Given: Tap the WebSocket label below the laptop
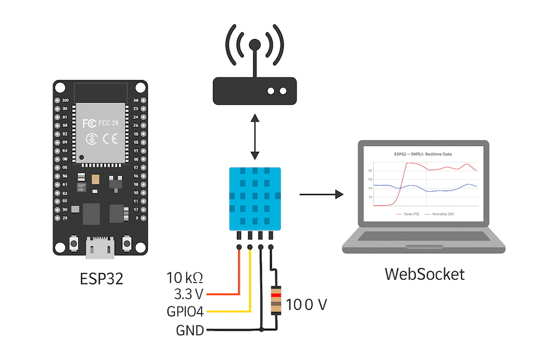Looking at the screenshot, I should [x=425, y=274].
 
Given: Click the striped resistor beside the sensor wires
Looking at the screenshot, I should [x=275, y=301].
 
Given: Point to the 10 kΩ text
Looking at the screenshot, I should [x=185, y=278].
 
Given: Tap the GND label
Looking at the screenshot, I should [x=190, y=330].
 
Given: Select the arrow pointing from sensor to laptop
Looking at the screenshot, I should [x=321, y=195].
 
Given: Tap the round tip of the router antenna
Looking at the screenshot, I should [x=254, y=45].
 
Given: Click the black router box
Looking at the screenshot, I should [x=254, y=91].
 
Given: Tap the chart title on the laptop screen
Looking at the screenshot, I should [x=423, y=154].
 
